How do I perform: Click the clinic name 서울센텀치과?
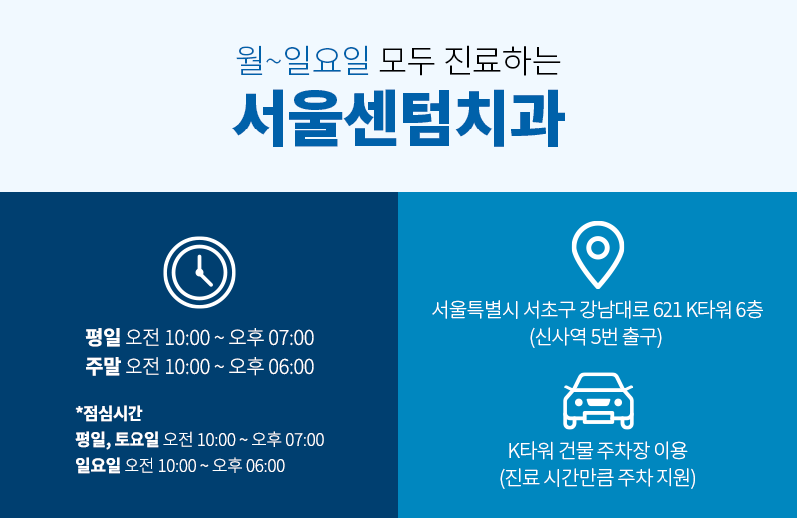(x=398, y=119)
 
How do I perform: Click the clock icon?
(x=199, y=272)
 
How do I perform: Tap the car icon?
(x=598, y=401)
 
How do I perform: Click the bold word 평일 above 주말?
(x=102, y=337)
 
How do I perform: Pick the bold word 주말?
(x=102, y=367)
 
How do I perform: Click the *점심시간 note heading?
(x=109, y=412)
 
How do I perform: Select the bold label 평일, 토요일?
(x=117, y=439)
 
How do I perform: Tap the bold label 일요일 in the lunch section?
(x=97, y=465)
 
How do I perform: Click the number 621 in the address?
(x=666, y=310)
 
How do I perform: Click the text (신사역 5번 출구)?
(x=596, y=337)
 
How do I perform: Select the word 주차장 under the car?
(x=616, y=450)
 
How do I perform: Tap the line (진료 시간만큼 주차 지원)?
(x=598, y=478)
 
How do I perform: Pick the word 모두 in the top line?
(x=405, y=61)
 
